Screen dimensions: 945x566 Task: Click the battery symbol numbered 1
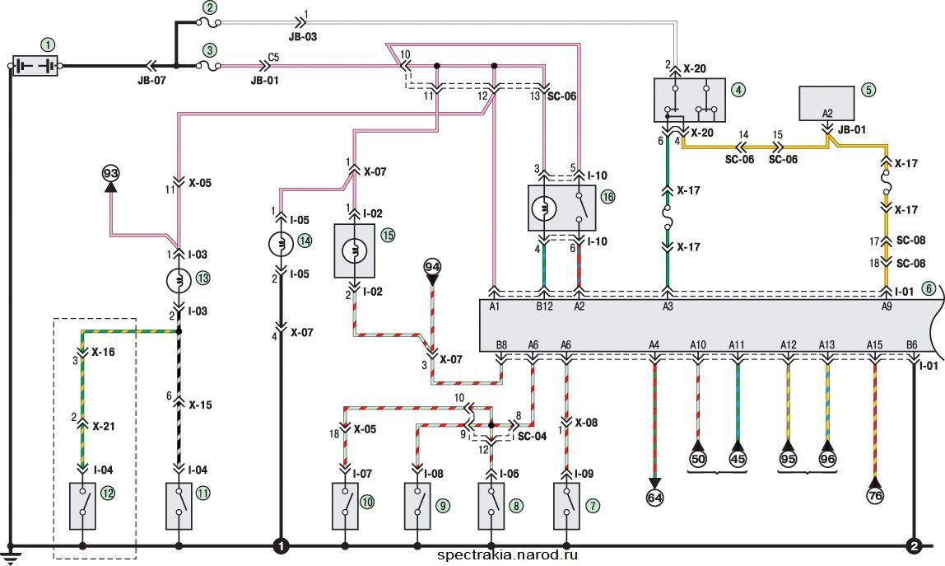click(x=35, y=66)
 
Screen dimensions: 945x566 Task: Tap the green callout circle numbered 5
click(x=868, y=90)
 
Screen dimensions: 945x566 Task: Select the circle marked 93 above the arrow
click(x=110, y=173)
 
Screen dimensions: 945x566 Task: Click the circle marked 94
click(x=432, y=266)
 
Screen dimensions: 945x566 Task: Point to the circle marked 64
click(x=654, y=498)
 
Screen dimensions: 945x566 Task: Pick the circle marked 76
click(x=875, y=495)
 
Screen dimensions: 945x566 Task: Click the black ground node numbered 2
click(x=914, y=546)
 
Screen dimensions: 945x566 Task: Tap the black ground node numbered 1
click(x=281, y=546)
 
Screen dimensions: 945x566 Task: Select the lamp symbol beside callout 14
click(x=281, y=244)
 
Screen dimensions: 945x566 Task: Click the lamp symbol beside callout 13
click(x=179, y=281)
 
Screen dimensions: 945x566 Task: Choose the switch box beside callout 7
click(x=566, y=506)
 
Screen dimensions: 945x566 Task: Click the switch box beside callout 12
click(x=82, y=506)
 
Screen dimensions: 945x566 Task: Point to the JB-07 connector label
click(x=151, y=79)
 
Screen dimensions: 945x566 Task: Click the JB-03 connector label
click(x=303, y=36)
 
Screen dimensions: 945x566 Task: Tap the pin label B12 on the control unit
click(x=545, y=306)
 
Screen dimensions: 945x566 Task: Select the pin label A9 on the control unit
click(x=886, y=306)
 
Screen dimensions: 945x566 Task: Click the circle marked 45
click(x=738, y=459)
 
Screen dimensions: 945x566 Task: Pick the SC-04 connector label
click(x=532, y=436)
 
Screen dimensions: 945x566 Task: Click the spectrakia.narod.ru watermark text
click(x=507, y=554)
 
